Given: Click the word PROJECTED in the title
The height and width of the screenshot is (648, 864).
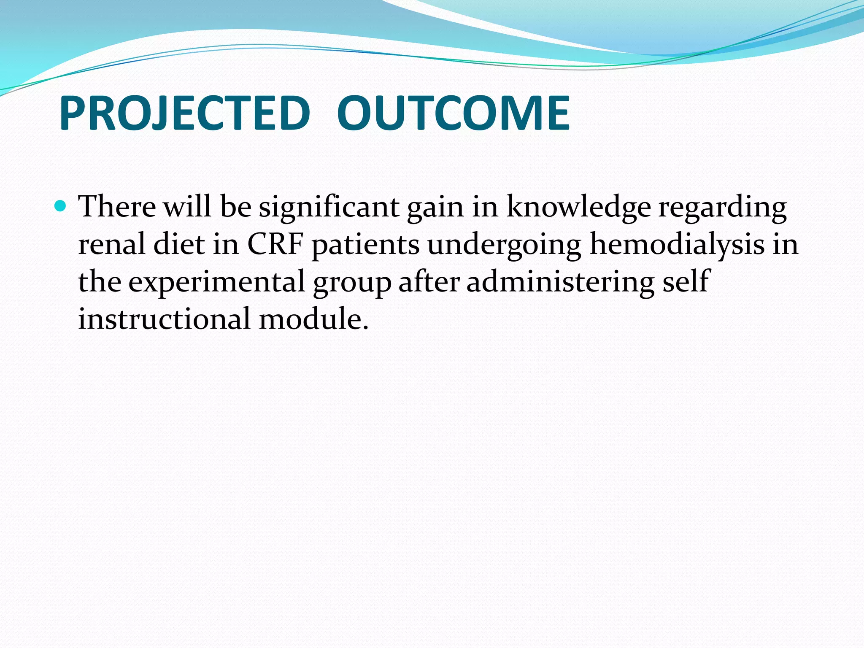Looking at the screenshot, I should pyautogui.click(x=184, y=113).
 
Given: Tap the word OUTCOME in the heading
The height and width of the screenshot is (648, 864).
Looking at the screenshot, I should pyautogui.click(x=453, y=113).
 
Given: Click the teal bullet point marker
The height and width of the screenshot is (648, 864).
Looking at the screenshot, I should pyautogui.click(x=61, y=206).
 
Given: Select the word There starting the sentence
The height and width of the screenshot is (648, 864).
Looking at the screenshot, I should pyautogui.click(x=117, y=207).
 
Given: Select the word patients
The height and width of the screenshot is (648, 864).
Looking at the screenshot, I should pyautogui.click(x=365, y=245).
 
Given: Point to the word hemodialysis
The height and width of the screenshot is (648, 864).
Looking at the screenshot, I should pyautogui.click(x=677, y=245).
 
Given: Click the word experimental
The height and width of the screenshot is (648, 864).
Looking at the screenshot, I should pyautogui.click(x=216, y=282).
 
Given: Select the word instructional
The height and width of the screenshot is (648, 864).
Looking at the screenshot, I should pyautogui.click(x=164, y=319).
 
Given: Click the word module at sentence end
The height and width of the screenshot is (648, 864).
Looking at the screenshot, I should pyautogui.click(x=313, y=319).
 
